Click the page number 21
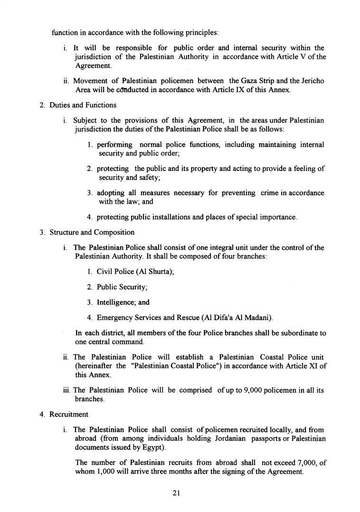click(176, 493)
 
